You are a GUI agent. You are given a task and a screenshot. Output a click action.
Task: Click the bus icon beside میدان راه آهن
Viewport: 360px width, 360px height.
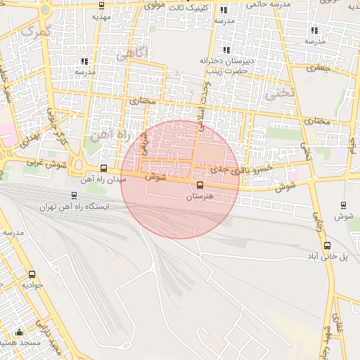click(104, 168)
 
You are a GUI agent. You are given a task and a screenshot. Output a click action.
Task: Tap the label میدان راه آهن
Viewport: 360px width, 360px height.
click(103, 180)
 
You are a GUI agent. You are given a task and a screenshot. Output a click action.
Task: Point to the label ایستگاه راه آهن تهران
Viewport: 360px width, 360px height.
click(75, 207)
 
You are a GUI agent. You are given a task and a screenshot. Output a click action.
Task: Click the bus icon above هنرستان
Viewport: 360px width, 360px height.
click(200, 186)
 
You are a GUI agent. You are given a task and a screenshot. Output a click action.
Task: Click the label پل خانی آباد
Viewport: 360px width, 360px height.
click(328, 257)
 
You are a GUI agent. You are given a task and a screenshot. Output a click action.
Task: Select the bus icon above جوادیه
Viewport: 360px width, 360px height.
click(31, 274)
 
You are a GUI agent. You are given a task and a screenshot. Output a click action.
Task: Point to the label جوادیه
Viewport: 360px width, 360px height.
click(33, 285)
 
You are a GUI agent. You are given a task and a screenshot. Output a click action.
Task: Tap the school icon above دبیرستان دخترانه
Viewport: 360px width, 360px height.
click(226, 50)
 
